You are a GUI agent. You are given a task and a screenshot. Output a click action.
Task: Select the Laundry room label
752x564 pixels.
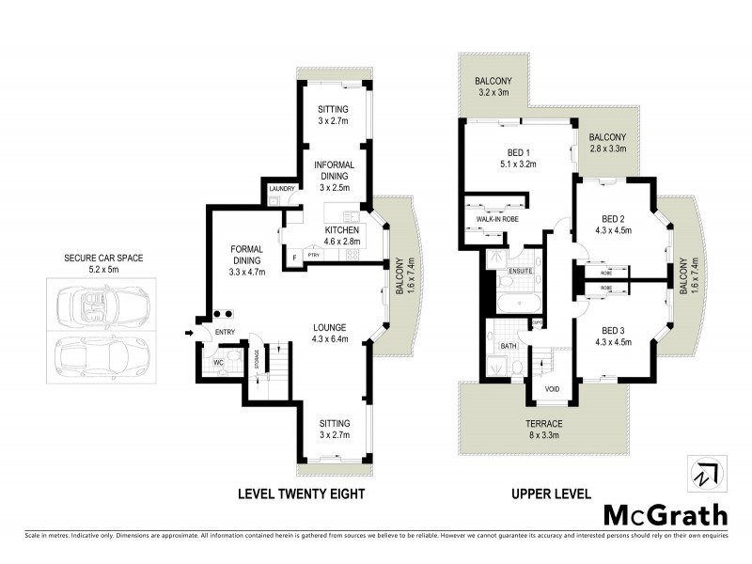(282, 189)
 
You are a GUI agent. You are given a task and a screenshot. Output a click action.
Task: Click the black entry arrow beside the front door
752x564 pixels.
(189, 331)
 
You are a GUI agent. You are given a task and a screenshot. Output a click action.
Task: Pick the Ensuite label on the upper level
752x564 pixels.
(521, 272)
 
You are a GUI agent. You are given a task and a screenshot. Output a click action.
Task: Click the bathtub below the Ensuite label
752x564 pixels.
(515, 303)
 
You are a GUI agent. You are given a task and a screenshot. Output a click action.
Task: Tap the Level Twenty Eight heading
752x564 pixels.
(301, 493)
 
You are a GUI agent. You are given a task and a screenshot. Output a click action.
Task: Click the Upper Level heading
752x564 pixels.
(551, 493)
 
